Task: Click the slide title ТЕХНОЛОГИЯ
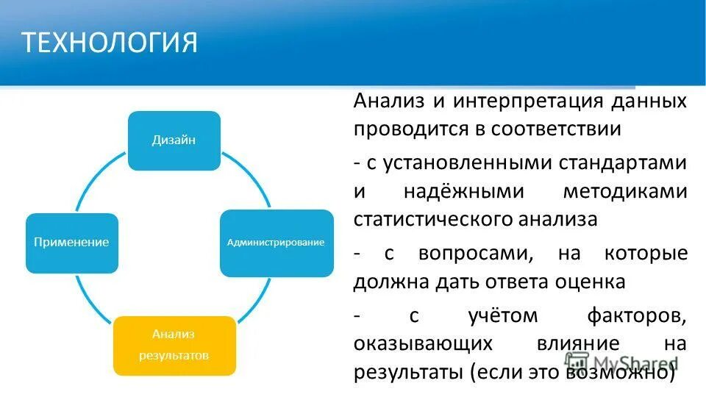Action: pos(110,43)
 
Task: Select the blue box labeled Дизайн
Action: pos(174,140)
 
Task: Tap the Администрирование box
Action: pos(276,243)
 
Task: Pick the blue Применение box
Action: pos(71,243)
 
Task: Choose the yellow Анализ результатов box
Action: pos(174,345)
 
